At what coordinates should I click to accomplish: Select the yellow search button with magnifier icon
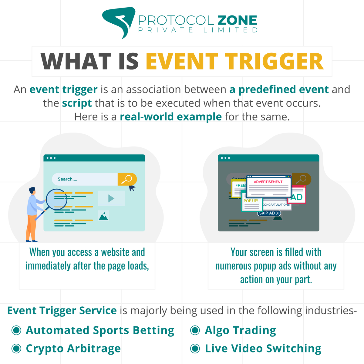pyautogui.click(x=127, y=179)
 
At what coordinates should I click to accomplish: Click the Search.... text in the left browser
pyautogui.click(x=67, y=179)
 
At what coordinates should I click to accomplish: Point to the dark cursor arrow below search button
pyautogui.click(x=132, y=188)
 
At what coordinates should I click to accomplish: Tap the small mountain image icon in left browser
pyautogui.click(x=103, y=216)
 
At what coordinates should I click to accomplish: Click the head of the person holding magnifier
pyautogui.click(x=32, y=191)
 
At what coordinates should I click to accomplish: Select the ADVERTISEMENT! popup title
pyautogui.click(x=268, y=182)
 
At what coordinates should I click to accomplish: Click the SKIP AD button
pyautogui.click(x=269, y=213)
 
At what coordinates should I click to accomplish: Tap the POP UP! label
pyautogui.click(x=251, y=201)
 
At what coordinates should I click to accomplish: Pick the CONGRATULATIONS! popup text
pyautogui.click(x=276, y=205)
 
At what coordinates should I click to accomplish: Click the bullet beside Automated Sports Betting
pyautogui.click(x=16, y=330)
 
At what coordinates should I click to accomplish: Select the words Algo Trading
pyautogui.click(x=240, y=330)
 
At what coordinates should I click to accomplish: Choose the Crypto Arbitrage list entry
pyautogui.click(x=73, y=349)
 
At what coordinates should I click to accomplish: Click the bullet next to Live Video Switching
pyautogui.click(x=195, y=349)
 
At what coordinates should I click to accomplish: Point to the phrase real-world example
pyautogui.click(x=171, y=117)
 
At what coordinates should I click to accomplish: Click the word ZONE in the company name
pyautogui.click(x=237, y=21)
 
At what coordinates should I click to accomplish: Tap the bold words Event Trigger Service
pyautogui.click(x=62, y=311)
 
